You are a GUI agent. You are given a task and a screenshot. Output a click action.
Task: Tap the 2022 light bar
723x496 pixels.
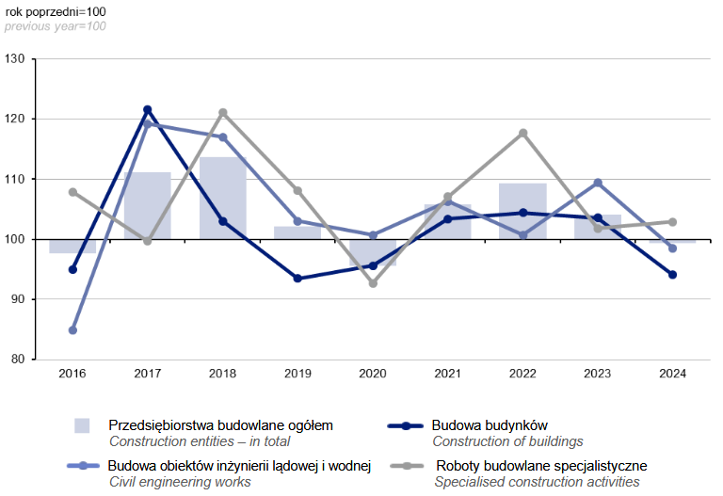[x=522, y=211]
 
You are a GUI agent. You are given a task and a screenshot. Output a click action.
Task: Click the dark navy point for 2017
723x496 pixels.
[x=147, y=110]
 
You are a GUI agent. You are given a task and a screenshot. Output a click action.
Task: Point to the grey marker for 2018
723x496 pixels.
[x=222, y=113]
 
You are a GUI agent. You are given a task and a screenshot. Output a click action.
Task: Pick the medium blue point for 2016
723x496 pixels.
[x=72, y=330]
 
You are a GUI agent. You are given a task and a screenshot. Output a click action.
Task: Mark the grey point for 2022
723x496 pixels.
[x=522, y=133]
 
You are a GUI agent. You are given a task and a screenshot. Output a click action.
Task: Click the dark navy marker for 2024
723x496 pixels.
[x=672, y=275]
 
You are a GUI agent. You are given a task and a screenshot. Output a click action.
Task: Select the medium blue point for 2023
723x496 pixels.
[x=598, y=183]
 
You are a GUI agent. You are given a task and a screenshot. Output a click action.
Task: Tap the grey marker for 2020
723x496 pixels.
[x=373, y=283]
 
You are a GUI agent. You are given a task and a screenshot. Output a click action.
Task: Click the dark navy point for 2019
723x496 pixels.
[x=297, y=279]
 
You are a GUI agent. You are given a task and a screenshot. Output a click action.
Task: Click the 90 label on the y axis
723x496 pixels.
[x=19, y=299]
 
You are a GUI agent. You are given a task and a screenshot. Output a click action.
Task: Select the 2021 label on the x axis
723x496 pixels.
[x=447, y=375]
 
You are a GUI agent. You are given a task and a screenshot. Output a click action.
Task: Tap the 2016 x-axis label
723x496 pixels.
[x=72, y=375]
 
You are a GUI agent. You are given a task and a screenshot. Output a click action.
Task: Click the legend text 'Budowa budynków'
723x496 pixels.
[x=490, y=425]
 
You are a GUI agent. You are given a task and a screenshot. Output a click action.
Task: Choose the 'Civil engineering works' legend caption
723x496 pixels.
[x=180, y=482]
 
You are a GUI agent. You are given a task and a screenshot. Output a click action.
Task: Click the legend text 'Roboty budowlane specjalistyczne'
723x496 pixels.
[x=540, y=466]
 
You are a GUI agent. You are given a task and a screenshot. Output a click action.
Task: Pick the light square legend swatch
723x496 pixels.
[x=83, y=425]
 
